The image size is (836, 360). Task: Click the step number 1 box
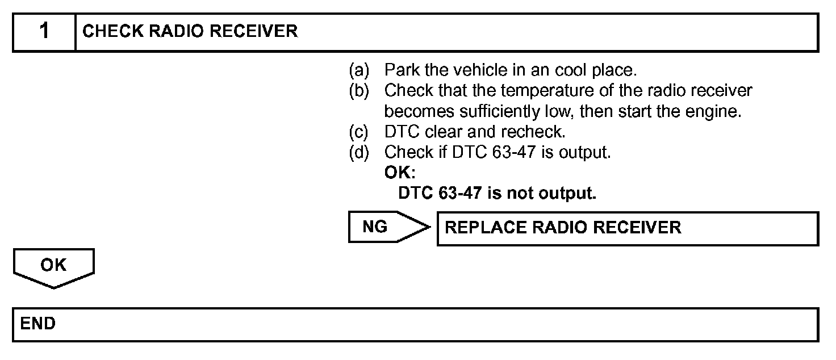44,32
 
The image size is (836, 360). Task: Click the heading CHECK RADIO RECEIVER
190,32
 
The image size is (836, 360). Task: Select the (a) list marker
358,70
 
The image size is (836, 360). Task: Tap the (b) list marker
358,91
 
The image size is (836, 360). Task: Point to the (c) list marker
358,132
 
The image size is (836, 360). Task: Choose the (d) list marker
358,153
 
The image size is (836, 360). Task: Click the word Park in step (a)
399,70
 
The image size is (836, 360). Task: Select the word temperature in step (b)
533,91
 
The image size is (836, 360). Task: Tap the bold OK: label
399,173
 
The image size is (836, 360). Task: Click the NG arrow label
375,228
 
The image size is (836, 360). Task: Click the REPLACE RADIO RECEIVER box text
563,228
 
